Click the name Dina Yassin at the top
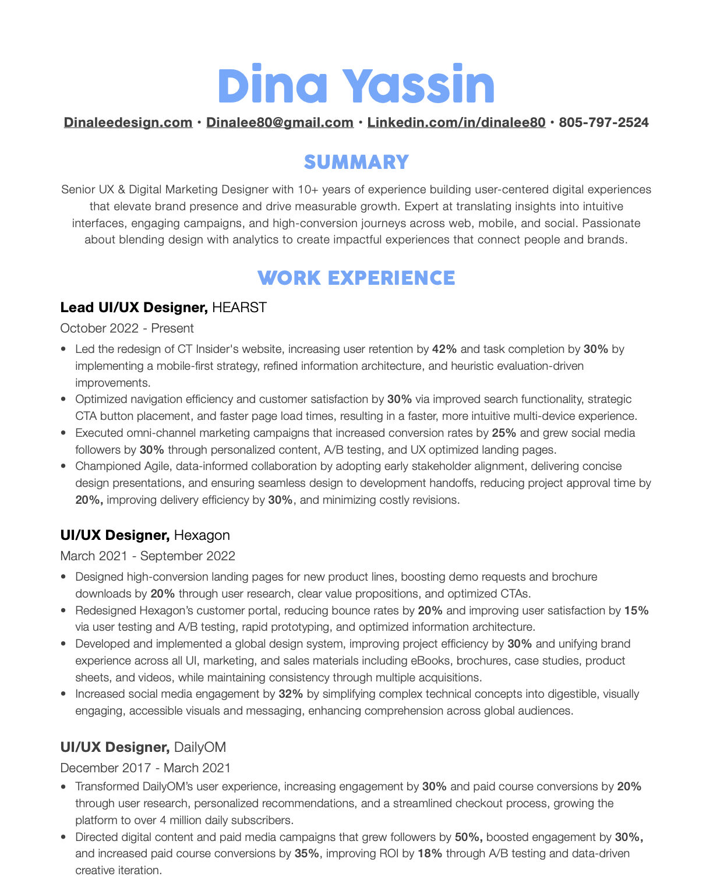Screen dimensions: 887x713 click(356, 86)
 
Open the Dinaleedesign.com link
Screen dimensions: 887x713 click(128, 122)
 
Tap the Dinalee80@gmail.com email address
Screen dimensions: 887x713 click(280, 122)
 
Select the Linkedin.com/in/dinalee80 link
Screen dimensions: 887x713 click(456, 122)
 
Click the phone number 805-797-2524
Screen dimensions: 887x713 click(603, 122)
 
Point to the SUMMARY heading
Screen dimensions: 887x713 click(356, 162)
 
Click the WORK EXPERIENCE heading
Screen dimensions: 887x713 click(356, 278)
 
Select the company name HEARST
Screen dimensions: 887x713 click(239, 308)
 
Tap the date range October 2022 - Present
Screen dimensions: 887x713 click(127, 328)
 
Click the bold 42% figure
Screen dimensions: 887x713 click(444, 349)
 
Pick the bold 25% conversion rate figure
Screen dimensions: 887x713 click(504, 433)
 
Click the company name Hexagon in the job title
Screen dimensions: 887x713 click(202, 535)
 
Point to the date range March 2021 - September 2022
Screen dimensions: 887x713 click(147, 556)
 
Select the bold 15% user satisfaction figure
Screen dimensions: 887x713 click(636, 610)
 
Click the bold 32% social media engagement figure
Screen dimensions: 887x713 click(291, 694)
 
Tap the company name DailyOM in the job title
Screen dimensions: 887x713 click(200, 747)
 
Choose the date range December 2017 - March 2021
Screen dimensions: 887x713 click(145, 768)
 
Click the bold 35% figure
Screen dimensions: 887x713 click(307, 853)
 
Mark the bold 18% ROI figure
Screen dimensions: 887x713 click(430, 853)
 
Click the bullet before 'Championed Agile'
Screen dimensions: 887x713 click(63, 467)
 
